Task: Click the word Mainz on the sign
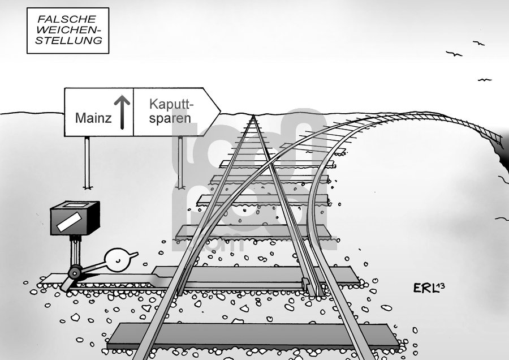pos(92,119)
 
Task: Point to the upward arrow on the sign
pos(121,110)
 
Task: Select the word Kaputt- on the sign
pos(171,104)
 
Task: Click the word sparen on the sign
pos(170,119)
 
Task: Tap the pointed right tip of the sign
pos(219,112)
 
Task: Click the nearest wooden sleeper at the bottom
pos(249,336)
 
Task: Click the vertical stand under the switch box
pos(73,249)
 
